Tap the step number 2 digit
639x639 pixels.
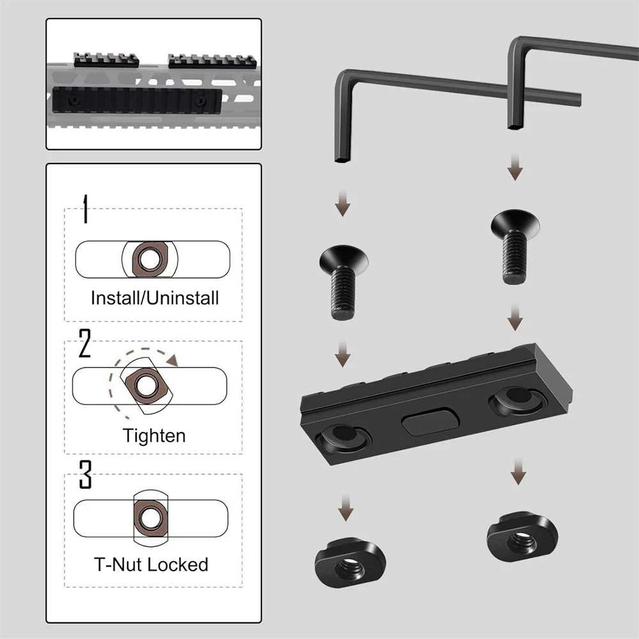[x=85, y=344]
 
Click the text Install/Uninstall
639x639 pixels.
[x=155, y=298]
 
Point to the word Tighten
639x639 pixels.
[x=154, y=436]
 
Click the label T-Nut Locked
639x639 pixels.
[x=151, y=565]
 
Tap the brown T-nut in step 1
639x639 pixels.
[x=150, y=259]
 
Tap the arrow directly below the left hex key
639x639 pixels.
[x=344, y=204]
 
